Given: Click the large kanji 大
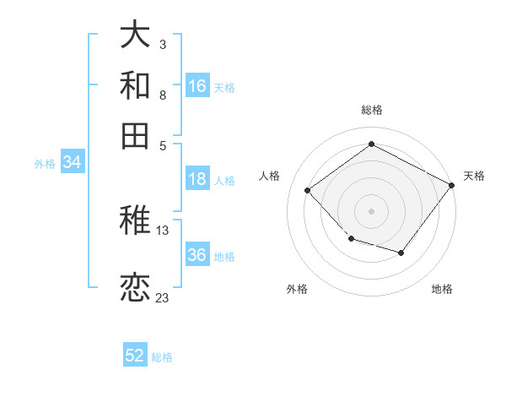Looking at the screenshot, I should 136,36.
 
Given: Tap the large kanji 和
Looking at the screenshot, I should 136,85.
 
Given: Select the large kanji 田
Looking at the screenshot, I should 136,135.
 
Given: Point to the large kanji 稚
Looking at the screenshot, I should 136,222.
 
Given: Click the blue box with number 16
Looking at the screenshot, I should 197,86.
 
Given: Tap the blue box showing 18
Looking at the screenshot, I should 197,179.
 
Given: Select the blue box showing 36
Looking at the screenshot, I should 197,255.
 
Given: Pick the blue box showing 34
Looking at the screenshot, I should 72,163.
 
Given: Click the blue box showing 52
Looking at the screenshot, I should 135,356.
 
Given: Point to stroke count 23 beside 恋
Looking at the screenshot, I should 162,297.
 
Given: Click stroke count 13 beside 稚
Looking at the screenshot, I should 162,230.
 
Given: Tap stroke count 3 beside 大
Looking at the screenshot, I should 162,44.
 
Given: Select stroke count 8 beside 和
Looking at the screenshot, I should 162,95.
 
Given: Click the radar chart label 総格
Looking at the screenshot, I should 371,110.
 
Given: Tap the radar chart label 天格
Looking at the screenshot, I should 474,176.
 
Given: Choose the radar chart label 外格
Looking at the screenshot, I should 297,289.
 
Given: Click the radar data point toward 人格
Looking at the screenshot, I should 308,191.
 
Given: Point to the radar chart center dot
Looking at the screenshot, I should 371,210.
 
